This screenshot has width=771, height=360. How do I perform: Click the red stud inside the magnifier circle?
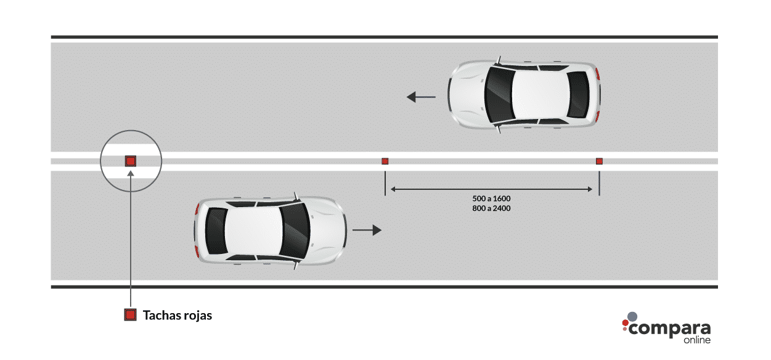click(131, 161)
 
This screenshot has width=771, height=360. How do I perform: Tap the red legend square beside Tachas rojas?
click(130, 314)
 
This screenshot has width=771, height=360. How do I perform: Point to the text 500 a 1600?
click(491, 198)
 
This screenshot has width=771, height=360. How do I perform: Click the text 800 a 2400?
click(491, 208)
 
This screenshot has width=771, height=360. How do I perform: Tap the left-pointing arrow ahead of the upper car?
click(421, 97)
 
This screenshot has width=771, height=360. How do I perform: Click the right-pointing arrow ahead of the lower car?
click(367, 230)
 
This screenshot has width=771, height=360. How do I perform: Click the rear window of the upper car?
click(578, 95)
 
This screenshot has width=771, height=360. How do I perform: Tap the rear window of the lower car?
click(216, 231)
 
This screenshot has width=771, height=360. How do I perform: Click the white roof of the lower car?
click(254, 231)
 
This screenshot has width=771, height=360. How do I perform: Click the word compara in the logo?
click(669, 329)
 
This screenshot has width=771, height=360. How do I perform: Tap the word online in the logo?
click(697, 340)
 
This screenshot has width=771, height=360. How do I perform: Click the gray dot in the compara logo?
click(632, 317)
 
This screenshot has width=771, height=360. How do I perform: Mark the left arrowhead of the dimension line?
click(393, 189)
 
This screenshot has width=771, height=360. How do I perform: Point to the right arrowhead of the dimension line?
click(590, 189)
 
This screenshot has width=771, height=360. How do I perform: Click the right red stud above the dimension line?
click(599, 161)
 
